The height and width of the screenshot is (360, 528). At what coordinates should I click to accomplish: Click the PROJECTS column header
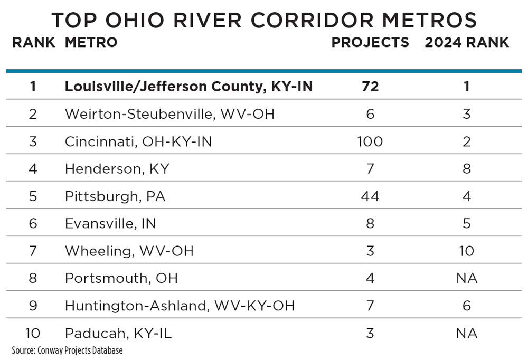coord(370,43)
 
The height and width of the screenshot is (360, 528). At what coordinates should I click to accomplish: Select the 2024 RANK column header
coord(467,43)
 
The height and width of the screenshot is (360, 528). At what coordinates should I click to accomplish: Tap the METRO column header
coord(91,43)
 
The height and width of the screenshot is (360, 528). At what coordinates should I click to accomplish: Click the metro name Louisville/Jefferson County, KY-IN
coord(188,87)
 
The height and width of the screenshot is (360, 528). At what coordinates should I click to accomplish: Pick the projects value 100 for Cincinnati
coord(370,141)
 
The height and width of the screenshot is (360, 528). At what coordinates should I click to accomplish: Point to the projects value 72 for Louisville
coord(370,87)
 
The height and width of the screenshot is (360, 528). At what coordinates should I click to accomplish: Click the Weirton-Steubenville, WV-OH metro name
coord(169,114)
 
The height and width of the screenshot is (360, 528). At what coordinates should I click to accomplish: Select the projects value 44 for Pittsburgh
coord(370,196)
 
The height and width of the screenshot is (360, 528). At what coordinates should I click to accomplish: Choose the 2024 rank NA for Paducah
coord(467,334)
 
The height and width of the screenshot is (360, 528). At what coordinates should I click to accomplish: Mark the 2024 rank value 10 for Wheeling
coord(467,251)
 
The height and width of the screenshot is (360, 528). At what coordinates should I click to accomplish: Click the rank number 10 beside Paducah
coord(33,334)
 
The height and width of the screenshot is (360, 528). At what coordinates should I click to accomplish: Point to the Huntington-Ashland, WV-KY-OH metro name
coord(180,306)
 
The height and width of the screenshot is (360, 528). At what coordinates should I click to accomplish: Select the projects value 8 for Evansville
coord(370,224)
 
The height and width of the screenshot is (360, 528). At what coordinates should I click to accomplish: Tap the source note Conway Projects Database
coord(67,350)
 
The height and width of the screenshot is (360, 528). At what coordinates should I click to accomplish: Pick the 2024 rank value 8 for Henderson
coord(467,169)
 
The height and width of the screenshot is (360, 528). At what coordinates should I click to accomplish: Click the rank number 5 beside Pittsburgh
coord(33,196)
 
